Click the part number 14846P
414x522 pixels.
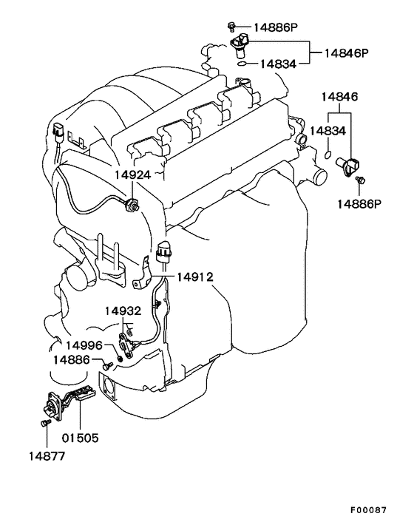[347, 53]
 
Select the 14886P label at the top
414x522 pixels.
[276, 27]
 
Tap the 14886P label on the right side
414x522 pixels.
[359, 203]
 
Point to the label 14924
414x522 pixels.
[133, 174]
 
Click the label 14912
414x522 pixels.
[194, 277]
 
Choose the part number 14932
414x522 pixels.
[123, 311]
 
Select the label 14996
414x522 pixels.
[84, 345]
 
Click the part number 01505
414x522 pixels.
[81, 438]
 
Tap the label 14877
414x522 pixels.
[47, 455]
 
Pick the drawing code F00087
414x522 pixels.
[368, 509]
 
